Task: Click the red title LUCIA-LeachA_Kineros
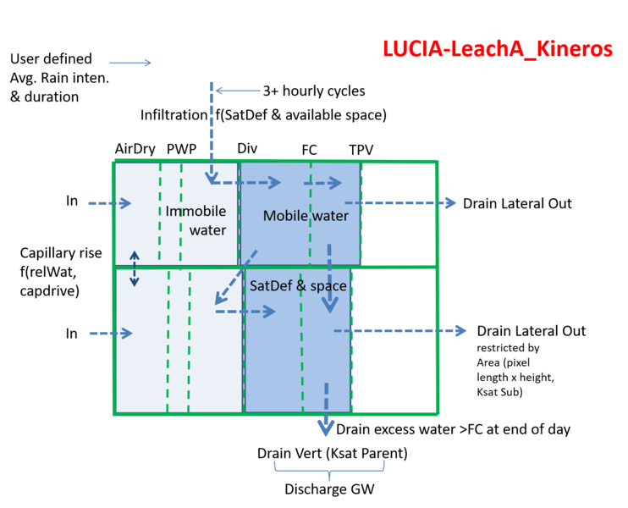coord(498,49)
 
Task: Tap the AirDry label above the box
coord(135,149)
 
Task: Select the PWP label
coord(181,149)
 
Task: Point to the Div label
coord(247,148)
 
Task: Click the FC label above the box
coord(309,150)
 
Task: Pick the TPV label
coord(361,150)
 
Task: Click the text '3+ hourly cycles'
coord(314,91)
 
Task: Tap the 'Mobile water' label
coord(306,216)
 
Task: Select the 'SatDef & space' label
coord(298,285)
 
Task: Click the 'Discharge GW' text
coord(329,489)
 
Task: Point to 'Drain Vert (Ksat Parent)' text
coord(332,454)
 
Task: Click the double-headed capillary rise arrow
coord(135,269)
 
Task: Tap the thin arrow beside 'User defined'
coord(130,63)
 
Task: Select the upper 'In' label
coord(72,201)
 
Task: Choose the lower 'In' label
coord(72,334)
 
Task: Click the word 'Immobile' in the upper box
coord(196,211)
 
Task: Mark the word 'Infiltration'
coord(174,115)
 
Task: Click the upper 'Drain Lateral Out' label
coord(517,203)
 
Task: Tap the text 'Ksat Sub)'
coord(499,392)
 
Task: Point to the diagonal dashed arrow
coord(236,277)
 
